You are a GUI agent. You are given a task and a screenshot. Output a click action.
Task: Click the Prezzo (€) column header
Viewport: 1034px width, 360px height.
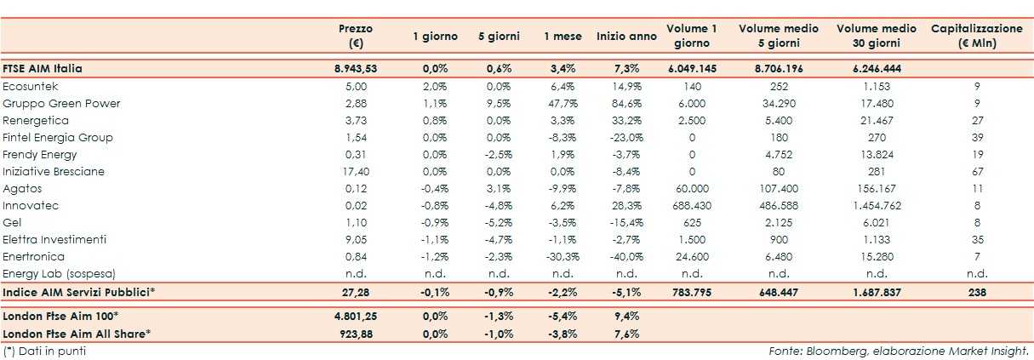coord(355,36)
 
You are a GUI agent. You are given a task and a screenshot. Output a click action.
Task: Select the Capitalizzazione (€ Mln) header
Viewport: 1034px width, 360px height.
coord(977,36)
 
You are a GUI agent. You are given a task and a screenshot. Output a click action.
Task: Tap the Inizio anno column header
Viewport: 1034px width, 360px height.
coord(626,37)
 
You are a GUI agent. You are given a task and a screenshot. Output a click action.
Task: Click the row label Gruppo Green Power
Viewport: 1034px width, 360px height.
coord(61,103)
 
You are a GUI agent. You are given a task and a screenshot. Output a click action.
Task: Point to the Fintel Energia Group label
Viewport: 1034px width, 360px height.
coord(58,137)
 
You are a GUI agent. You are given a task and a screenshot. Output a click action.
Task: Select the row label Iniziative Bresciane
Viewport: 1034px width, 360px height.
coord(54,171)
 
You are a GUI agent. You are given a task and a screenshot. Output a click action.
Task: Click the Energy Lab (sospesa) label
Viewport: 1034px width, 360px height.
coord(59,273)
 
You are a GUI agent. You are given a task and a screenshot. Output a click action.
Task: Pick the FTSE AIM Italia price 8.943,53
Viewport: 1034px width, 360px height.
coord(355,68)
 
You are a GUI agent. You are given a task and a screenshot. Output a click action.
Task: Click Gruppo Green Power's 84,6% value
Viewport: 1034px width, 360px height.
coord(626,103)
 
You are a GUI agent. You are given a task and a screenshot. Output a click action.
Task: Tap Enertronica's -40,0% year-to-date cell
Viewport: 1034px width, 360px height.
coord(626,256)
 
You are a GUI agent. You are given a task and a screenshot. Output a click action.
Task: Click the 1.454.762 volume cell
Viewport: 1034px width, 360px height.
coord(877,205)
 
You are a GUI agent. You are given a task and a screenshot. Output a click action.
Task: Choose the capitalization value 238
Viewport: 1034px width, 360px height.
coord(977,292)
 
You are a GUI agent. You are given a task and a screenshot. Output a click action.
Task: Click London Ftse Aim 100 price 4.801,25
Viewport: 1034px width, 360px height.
coord(355,316)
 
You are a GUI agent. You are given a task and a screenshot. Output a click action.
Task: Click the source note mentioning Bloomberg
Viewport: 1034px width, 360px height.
coord(899,350)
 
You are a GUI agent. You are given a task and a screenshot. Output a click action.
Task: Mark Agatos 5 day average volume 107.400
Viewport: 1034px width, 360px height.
coord(779,188)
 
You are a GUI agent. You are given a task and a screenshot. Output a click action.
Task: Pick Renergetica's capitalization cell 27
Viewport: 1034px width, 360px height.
coord(977,120)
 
